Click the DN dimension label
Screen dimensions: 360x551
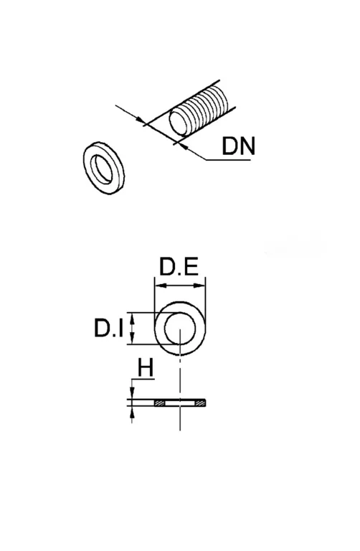point(239,146)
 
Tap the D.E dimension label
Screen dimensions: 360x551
point(179,267)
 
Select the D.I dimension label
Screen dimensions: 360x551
point(108,328)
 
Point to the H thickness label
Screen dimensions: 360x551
point(146,368)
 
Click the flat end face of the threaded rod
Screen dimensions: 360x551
point(178,123)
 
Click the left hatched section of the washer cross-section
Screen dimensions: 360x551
point(160,402)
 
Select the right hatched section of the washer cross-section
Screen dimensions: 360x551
point(200,402)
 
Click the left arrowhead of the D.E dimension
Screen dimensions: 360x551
point(160,286)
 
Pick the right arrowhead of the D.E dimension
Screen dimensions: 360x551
point(200,286)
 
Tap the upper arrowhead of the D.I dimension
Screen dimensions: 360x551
point(132,318)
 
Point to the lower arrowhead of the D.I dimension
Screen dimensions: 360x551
point(132,339)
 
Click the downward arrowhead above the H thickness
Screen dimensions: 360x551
point(132,393)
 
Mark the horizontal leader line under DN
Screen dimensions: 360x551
point(228,160)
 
